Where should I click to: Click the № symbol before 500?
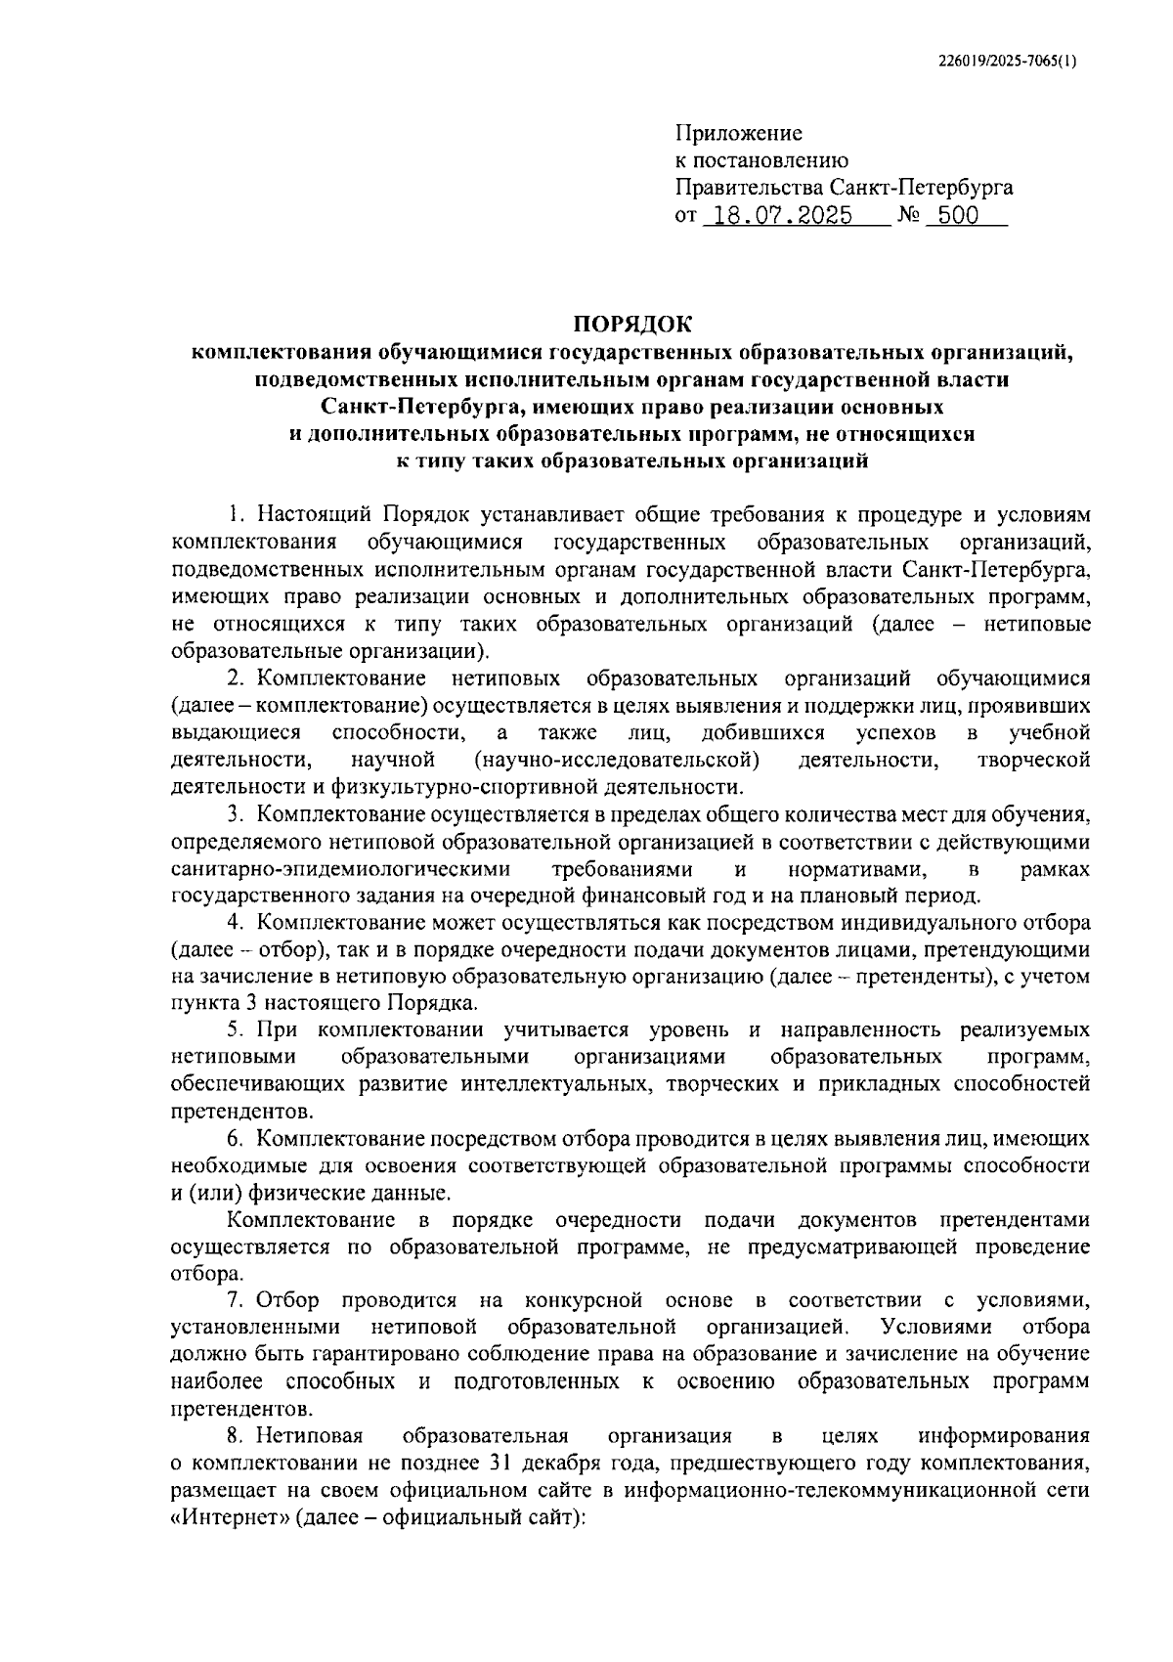point(906,216)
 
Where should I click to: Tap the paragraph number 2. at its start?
point(236,678)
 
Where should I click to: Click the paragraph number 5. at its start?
point(236,1029)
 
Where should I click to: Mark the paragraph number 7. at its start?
point(236,1300)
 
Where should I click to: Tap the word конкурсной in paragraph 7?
point(583,1300)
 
